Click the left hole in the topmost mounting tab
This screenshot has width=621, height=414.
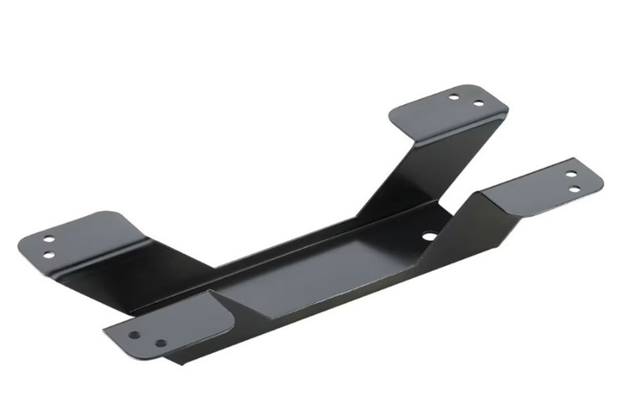point(453,97)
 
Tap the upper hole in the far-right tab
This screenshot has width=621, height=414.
point(571,172)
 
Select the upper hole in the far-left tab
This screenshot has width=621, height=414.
point(49,240)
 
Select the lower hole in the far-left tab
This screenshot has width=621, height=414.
point(50,255)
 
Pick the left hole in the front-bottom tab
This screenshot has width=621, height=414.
point(135,335)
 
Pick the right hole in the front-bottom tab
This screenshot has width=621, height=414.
point(160,342)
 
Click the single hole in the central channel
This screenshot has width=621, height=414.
point(429,235)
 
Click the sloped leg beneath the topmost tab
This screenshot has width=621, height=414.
point(421,172)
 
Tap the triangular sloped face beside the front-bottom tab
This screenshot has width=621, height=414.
point(235,304)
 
